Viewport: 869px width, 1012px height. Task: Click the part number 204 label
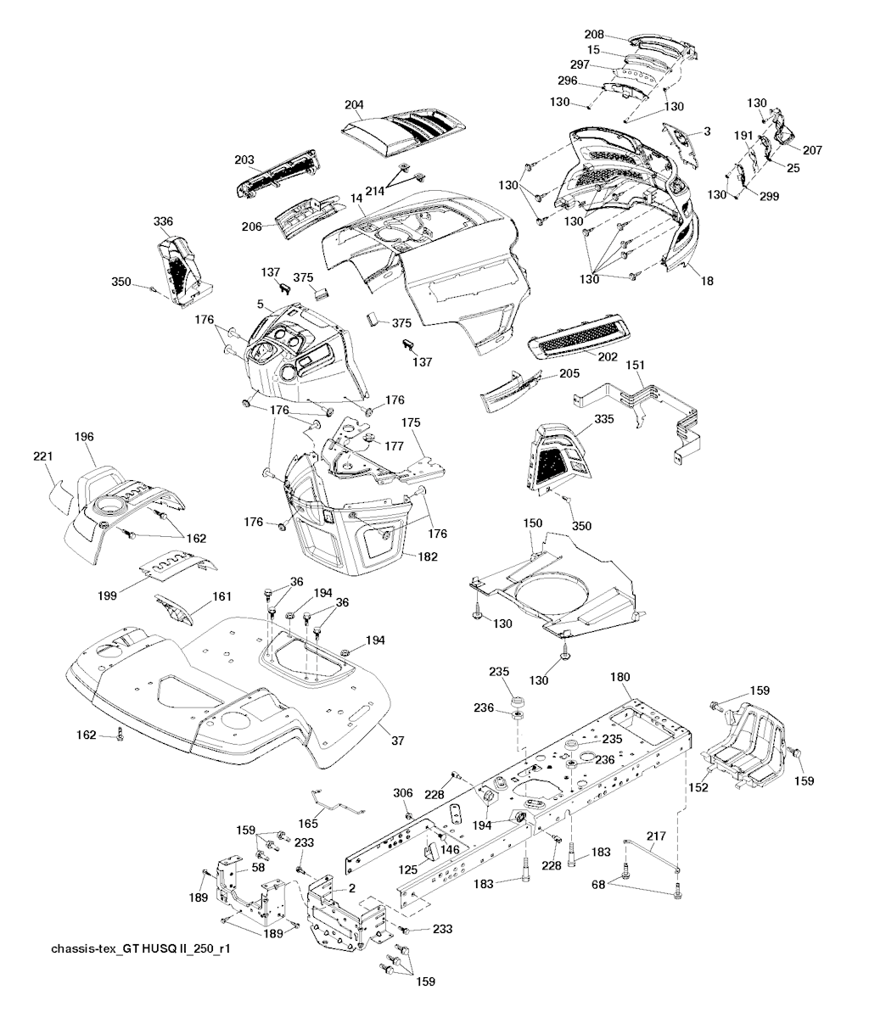click(354, 106)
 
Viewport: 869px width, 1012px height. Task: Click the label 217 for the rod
click(656, 836)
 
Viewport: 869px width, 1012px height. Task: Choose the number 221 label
click(42, 457)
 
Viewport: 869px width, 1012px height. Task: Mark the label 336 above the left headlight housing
click(163, 221)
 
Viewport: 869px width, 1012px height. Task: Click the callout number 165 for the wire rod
click(309, 823)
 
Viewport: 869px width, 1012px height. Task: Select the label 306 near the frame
click(403, 792)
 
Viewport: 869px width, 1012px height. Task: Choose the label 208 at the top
click(594, 34)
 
